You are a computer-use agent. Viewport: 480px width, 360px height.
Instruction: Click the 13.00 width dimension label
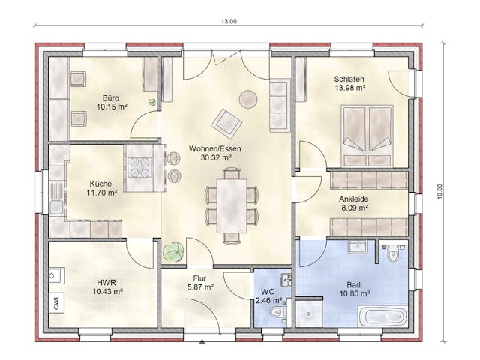click(x=229, y=22)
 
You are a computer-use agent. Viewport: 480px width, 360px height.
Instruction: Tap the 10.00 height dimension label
click(x=440, y=192)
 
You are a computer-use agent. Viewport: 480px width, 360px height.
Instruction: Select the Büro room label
click(x=111, y=98)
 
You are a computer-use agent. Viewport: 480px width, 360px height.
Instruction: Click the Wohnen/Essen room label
click(x=215, y=148)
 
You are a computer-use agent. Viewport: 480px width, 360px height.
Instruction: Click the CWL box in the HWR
click(x=57, y=302)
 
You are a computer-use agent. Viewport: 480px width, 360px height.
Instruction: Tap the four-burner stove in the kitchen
click(x=140, y=166)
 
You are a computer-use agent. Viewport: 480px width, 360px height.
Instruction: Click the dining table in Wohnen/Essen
click(x=232, y=205)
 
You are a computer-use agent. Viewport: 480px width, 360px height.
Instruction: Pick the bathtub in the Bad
click(x=383, y=316)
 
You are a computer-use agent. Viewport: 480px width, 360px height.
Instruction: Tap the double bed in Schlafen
click(x=367, y=136)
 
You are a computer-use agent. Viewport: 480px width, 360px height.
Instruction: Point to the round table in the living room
click(x=248, y=99)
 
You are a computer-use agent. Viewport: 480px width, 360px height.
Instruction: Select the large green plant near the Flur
click(x=173, y=252)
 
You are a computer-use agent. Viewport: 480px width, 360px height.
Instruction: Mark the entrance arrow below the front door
click(x=202, y=342)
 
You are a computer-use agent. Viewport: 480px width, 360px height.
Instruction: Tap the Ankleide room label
click(x=353, y=199)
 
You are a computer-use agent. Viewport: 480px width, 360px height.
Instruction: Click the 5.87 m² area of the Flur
click(x=200, y=287)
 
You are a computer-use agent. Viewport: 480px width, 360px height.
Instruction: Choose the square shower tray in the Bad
click(x=309, y=313)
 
